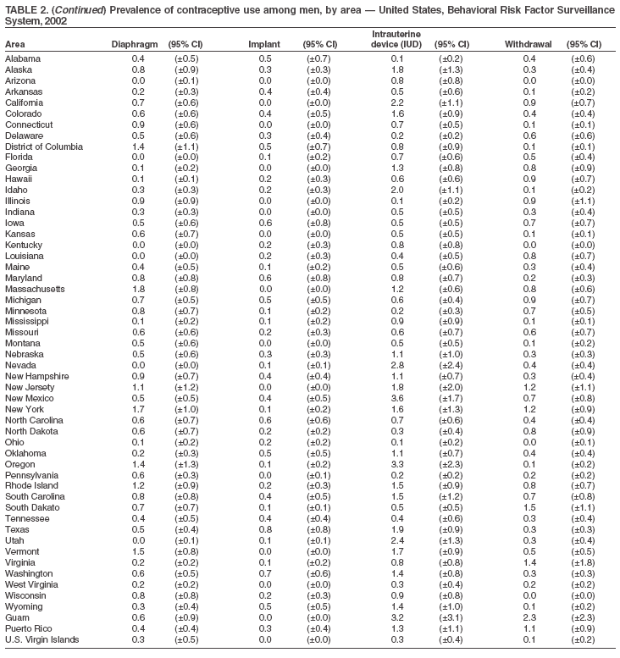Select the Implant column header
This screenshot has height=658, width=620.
[264, 43]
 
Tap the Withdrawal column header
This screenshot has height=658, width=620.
[528, 43]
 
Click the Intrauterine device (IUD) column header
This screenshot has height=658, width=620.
[396, 38]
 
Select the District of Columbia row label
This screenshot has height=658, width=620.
[44, 147]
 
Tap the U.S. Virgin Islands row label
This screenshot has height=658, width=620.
[42, 639]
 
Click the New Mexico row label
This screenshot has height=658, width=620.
[30, 397]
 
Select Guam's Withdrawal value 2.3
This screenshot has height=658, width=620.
[529, 617]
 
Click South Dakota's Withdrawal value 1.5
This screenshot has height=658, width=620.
[529, 507]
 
